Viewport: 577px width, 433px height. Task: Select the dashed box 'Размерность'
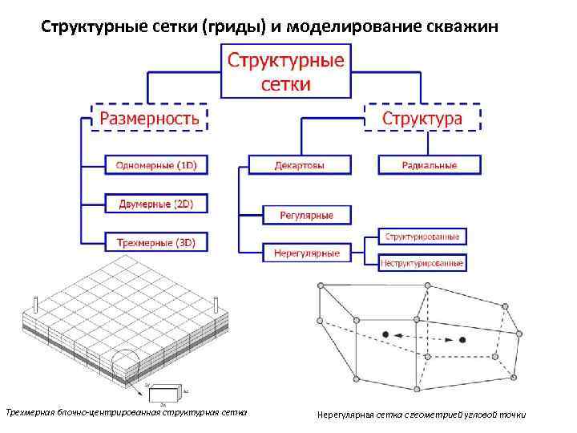coord(150,119)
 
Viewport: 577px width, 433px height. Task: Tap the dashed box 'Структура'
coord(422,119)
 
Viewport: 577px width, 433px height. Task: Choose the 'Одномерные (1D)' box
coord(156,166)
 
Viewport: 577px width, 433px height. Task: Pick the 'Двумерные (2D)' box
coord(156,204)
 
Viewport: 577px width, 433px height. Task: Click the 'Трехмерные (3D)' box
coord(156,241)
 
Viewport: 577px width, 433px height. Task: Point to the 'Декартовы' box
coord(300,166)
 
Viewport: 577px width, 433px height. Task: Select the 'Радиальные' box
coord(430,166)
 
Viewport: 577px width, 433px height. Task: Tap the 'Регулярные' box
coord(306,215)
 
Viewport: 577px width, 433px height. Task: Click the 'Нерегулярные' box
coord(306,253)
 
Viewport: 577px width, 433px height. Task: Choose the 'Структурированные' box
coord(422,237)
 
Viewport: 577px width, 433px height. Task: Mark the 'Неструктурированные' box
coord(422,262)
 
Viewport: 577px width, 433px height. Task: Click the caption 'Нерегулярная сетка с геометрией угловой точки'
coord(422,415)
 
